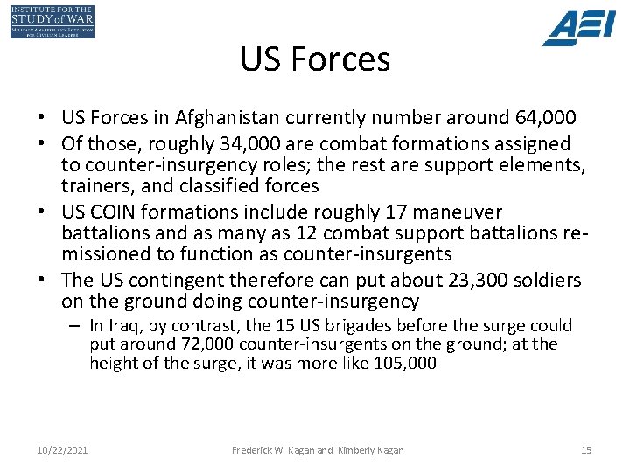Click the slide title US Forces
315,59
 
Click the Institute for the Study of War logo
52,21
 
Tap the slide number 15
586,450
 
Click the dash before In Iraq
77,325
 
